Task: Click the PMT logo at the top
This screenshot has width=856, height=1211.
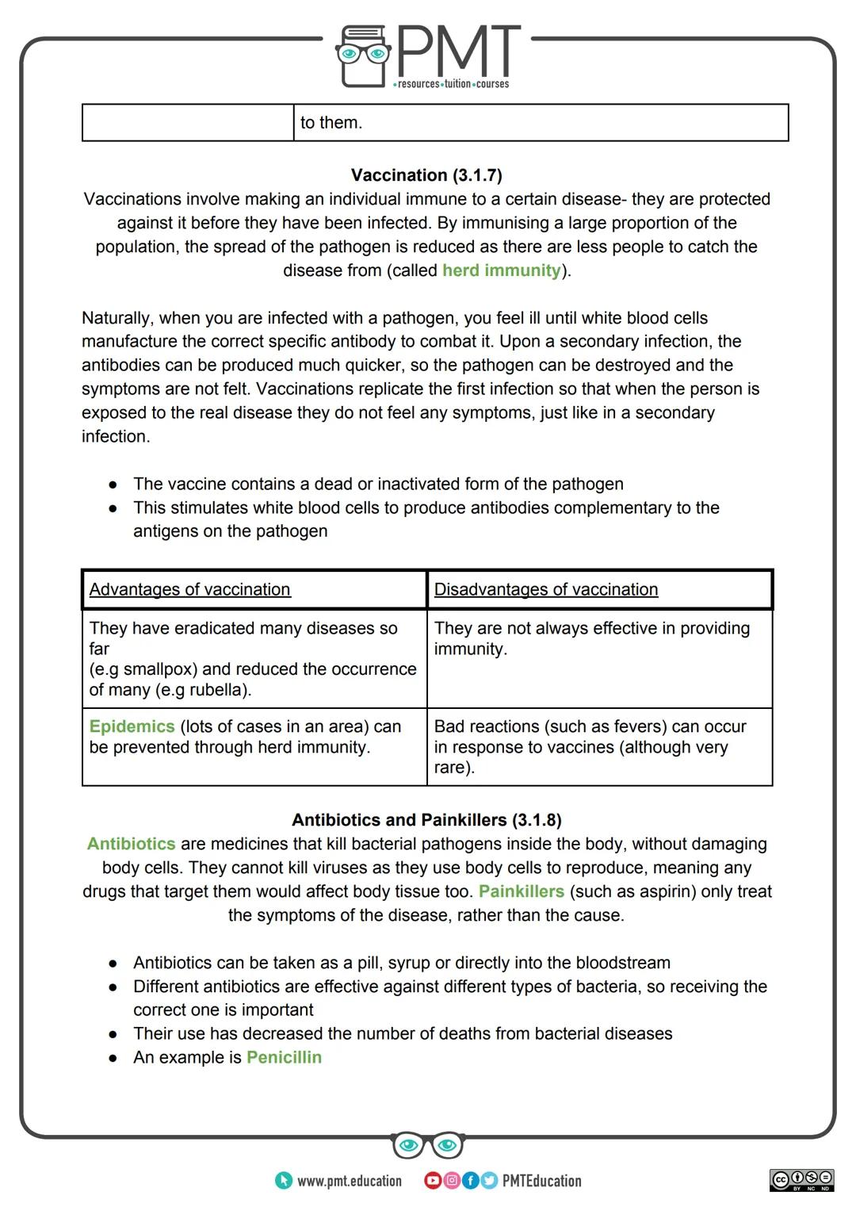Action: click(428, 56)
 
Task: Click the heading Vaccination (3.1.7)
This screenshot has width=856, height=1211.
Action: click(426, 175)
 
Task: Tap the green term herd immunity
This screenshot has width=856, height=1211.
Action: click(501, 270)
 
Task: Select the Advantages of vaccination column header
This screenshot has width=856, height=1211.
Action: click(190, 589)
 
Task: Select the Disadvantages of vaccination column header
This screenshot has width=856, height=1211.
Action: click(546, 589)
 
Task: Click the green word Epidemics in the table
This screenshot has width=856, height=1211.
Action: click(132, 726)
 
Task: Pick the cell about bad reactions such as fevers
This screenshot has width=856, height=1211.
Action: click(590, 746)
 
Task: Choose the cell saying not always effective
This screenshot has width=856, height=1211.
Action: click(591, 638)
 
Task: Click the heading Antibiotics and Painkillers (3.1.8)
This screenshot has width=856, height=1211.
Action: click(426, 820)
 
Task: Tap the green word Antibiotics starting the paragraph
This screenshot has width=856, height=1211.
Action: click(132, 844)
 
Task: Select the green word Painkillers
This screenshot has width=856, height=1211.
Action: click(522, 891)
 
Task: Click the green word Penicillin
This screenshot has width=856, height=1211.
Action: click(284, 1057)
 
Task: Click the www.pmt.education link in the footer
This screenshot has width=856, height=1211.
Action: click(349, 1181)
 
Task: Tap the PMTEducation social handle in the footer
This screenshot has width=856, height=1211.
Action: click(541, 1181)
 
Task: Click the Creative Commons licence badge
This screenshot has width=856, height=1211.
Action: click(801, 1180)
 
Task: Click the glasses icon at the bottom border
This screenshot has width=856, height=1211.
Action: click(427, 1145)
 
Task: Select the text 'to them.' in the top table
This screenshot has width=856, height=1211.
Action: click(331, 123)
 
